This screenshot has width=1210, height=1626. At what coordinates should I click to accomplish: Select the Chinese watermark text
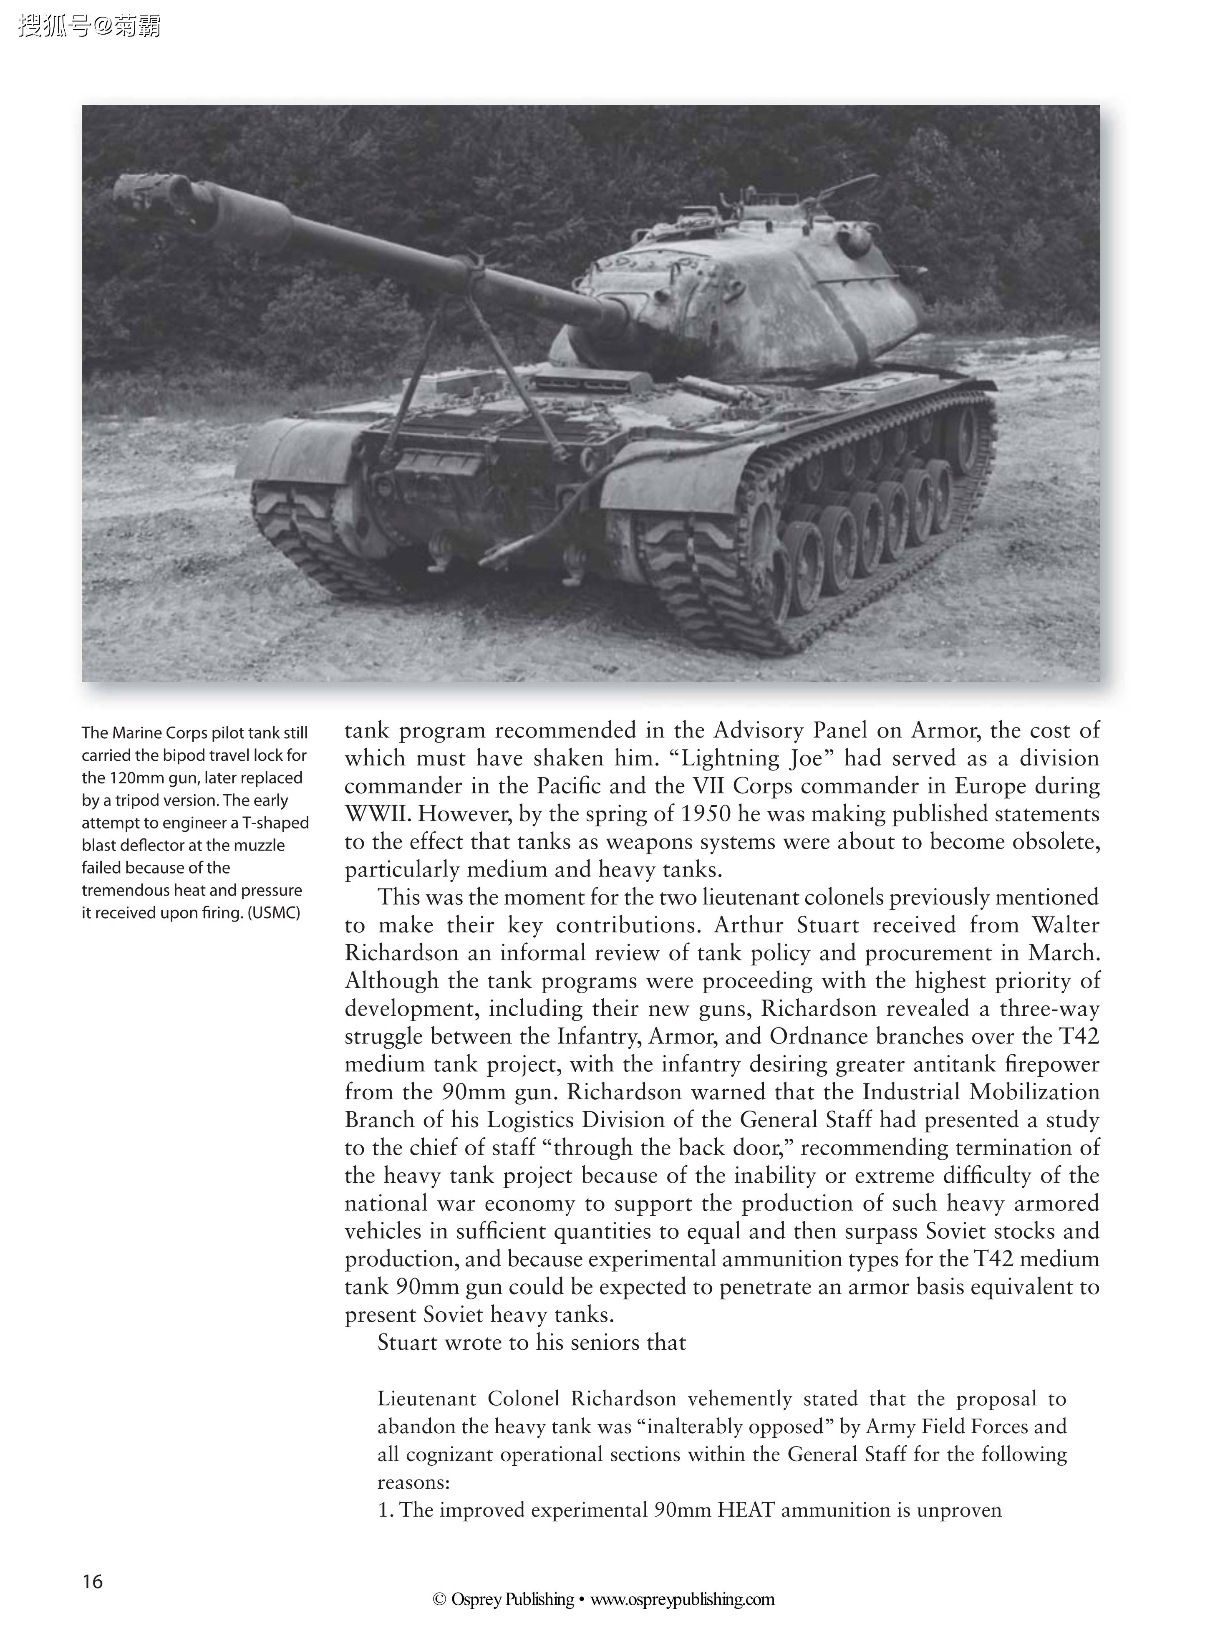point(89,26)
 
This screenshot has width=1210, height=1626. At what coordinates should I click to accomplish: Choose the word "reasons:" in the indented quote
point(412,1482)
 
